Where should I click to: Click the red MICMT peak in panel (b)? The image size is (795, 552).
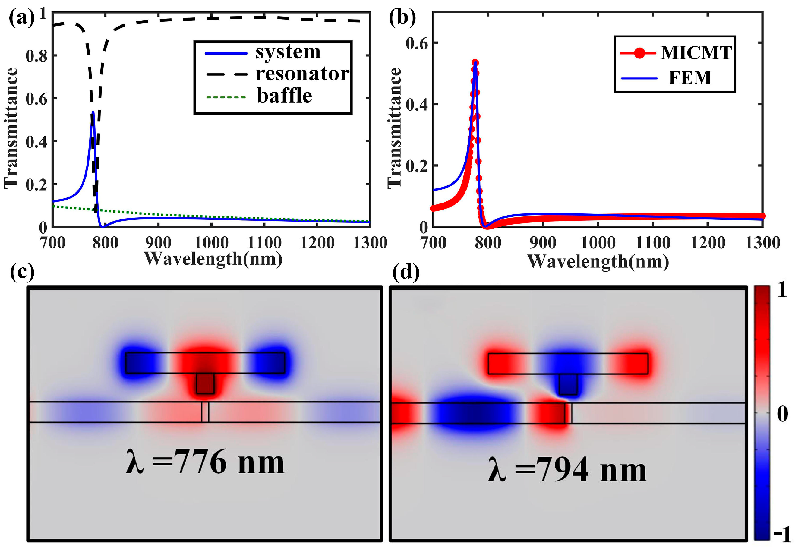(475, 62)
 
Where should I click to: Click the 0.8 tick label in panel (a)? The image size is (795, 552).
(36, 56)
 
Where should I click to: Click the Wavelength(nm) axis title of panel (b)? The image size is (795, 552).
(598, 261)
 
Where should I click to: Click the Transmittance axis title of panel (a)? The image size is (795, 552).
(11, 128)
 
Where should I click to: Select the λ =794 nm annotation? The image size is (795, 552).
(567, 470)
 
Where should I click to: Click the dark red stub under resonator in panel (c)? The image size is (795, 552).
(205, 383)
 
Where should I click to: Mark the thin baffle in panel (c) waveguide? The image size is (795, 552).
(205, 412)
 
